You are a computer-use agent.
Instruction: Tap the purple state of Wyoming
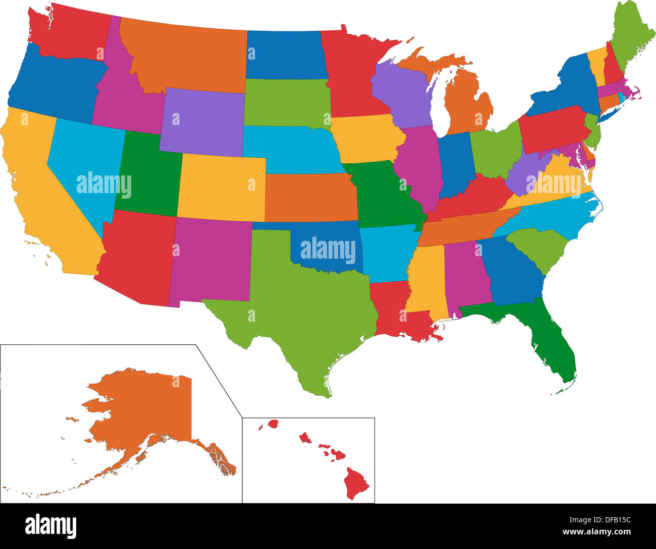[x=202, y=121]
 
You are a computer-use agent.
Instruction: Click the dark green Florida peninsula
[x=555, y=348]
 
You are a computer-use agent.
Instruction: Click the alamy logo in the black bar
[x=51, y=526]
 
